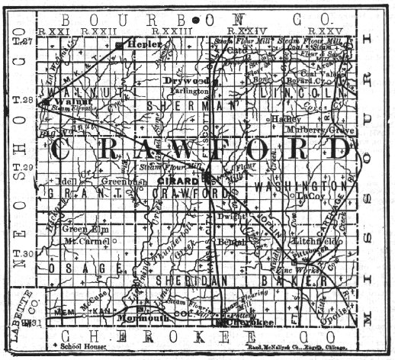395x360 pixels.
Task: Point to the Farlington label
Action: tap(188, 90)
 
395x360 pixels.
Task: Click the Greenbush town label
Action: tap(118, 182)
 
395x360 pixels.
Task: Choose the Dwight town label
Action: tap(233, 217)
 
